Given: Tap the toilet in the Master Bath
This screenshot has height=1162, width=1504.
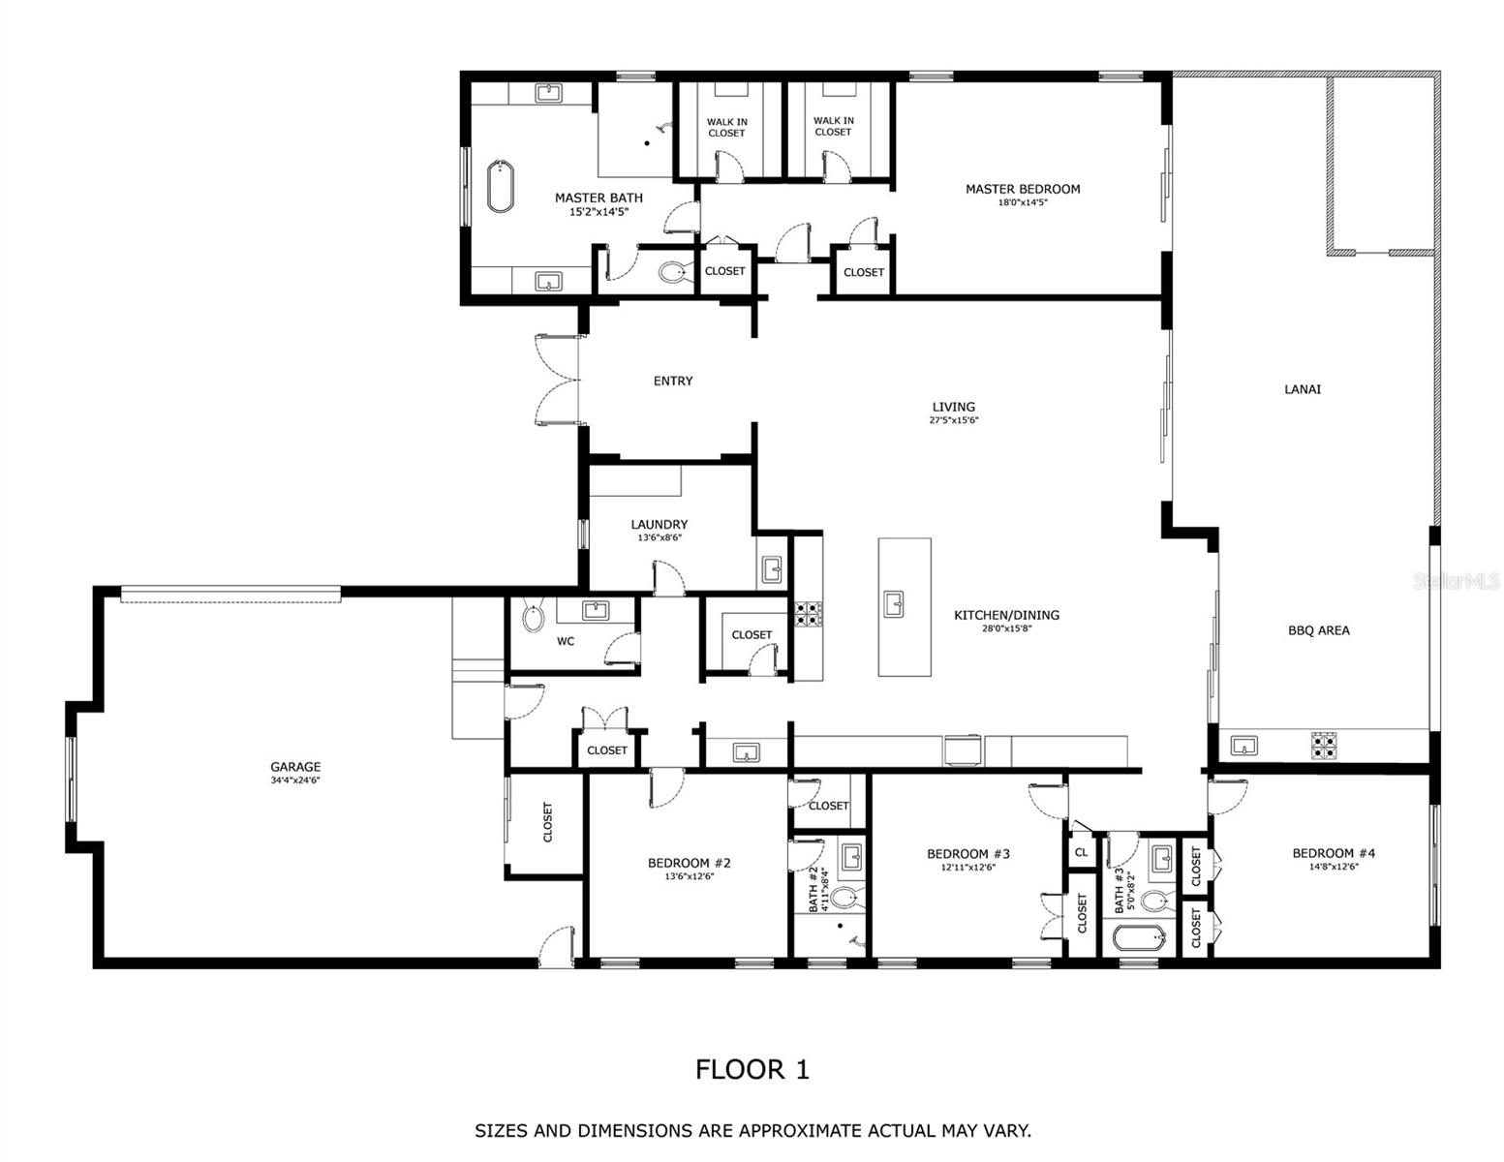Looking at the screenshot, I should tap(672, 272).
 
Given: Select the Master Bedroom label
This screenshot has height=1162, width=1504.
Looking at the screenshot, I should tap(1022, 189).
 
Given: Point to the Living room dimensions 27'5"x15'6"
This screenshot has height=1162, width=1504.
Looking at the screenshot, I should tap(953, 420).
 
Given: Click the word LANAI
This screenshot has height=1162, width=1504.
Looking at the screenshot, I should tap(1302, 389).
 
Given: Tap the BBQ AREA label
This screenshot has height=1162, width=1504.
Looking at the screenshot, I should tap(1318, 630).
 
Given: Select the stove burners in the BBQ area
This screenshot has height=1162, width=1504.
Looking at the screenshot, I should tap(1323, 745).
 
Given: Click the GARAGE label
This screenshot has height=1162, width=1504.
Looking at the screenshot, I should tap(295, 767).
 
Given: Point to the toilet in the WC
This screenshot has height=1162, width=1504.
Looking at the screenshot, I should tap(533, 617).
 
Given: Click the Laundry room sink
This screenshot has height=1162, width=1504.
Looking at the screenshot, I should tap(771, 569).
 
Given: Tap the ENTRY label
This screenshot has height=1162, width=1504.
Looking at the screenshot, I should tap(672, 382).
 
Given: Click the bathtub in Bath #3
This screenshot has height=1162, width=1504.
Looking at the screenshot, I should tap(1132, 938).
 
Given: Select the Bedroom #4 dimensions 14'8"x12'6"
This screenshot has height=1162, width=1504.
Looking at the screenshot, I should tap(1333, 867).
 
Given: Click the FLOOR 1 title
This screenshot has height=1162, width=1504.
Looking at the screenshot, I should tap(752, 1070).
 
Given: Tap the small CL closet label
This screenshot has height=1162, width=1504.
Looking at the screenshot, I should tap(1081, 853).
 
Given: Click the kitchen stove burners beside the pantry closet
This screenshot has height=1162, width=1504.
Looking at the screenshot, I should tap(808, 614).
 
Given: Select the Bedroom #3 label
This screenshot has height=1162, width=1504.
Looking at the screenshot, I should tap(967, 854).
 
